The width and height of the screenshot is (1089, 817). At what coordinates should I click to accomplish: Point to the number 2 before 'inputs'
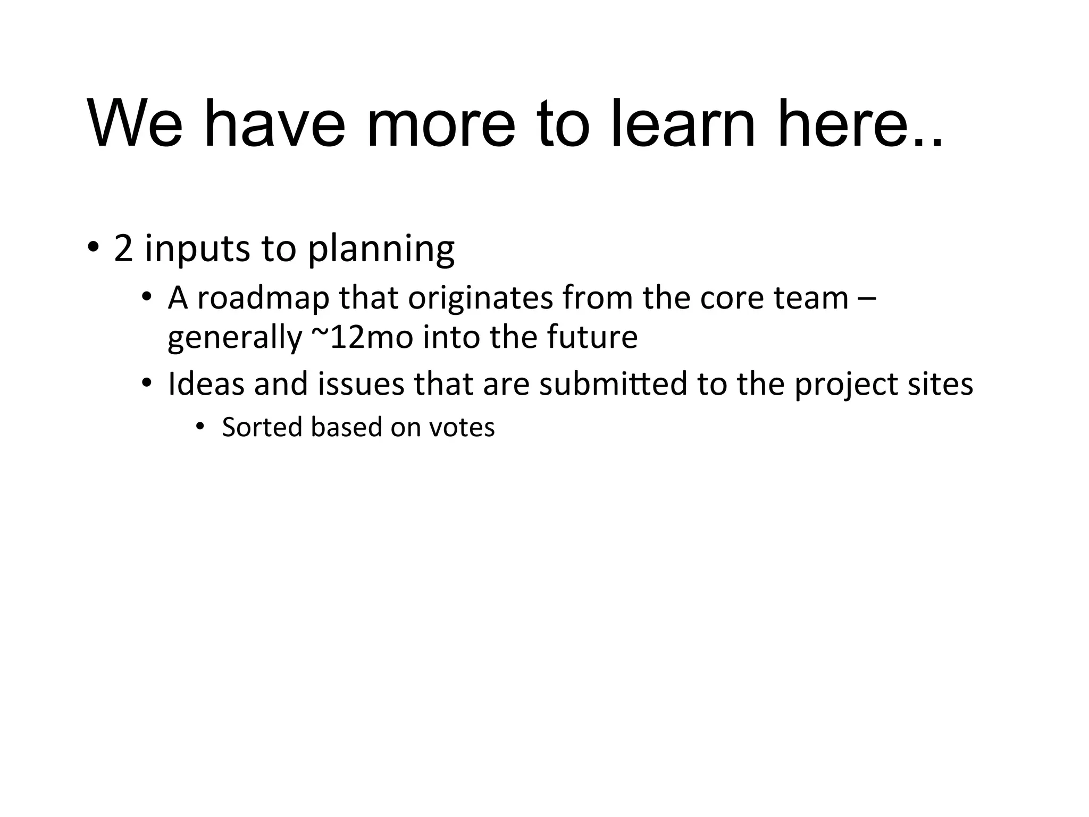[x=123, y=248]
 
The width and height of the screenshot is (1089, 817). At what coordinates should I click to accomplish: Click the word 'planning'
[x=381, y=249]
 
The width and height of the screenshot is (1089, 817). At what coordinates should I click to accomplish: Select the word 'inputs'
[x=197, y=249]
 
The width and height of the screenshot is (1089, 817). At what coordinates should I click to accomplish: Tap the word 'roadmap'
[x=263, y=299]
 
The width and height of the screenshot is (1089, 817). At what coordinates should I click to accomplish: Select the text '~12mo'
[x=362, y=337]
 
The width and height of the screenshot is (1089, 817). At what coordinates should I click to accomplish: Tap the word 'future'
[x=592, y=337]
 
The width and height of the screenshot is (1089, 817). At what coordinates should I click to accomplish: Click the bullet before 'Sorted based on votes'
[x=200, y=427]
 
